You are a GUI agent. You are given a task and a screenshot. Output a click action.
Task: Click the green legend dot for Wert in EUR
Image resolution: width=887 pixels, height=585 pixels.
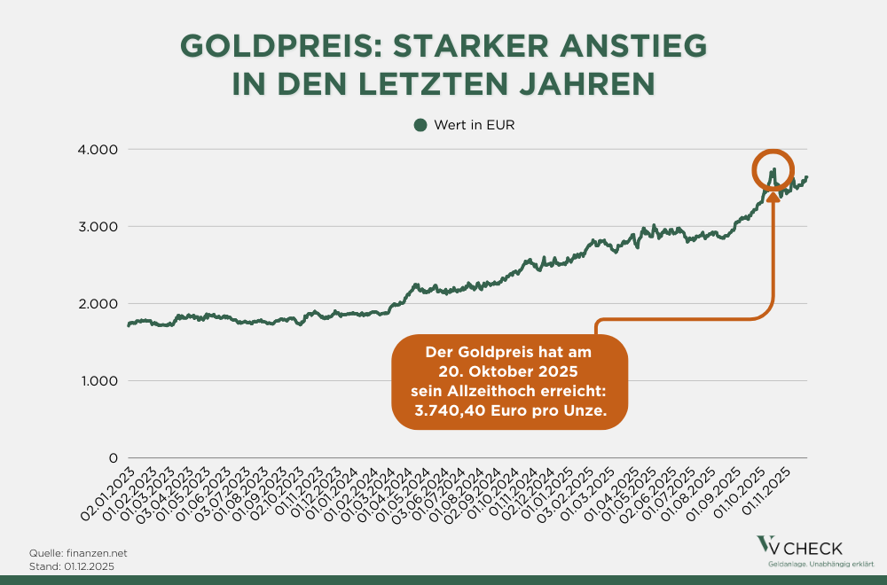(420, 125)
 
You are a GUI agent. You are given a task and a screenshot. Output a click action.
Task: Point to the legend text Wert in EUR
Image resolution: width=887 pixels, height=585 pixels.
(475, 125)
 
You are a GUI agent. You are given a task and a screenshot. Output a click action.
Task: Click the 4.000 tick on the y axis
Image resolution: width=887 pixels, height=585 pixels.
(99, 149)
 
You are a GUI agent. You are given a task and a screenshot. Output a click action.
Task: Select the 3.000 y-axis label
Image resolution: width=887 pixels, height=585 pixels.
(99, 226)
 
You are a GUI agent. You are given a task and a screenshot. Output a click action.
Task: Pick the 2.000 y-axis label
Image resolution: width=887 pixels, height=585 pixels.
(99, 303)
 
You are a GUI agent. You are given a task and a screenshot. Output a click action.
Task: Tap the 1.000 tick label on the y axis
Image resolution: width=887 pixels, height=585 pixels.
(99, 381)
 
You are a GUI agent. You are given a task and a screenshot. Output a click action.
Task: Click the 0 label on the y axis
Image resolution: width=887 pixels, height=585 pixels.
(113, 458)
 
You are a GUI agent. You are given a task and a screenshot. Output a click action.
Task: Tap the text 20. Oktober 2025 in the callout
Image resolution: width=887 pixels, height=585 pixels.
(509, 371)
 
